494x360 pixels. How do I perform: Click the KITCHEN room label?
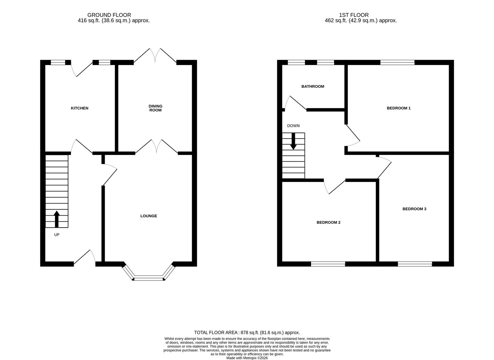(x=79, y=108)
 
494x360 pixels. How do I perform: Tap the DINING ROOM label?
(x=155, y=108)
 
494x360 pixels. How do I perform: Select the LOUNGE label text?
(x=148, y=216)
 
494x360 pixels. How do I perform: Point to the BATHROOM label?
(x=313, y=86)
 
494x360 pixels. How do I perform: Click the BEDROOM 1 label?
(x=399, y=108)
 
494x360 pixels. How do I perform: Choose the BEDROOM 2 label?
(x=328, y=222)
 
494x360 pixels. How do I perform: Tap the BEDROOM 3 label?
(x=414, y=209)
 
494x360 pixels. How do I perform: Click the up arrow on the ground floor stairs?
(x=57, y=219)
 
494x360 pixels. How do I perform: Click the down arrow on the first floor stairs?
(x=293, y=141)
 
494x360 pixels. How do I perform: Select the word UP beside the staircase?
(x=57, y=235)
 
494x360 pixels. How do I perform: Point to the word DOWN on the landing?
(x=293, y=126)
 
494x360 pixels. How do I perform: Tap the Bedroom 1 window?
(x=397, y=62)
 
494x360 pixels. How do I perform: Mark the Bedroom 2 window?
(x=328, y=264)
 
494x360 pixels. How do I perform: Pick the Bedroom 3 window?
(x=415, y=264)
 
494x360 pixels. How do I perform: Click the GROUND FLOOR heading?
(x=109, y=15)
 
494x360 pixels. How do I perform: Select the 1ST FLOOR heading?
(x=354, y=15)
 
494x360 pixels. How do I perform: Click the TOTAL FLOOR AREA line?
(x=247, y=332)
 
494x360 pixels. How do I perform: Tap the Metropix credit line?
(x=247, y=358)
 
